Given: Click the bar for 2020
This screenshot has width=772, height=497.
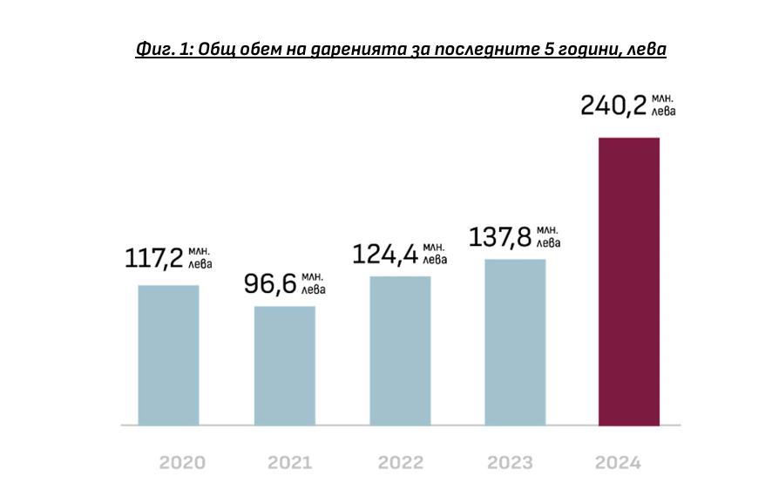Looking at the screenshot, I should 168,355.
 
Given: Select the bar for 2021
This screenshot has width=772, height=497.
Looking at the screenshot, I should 284,365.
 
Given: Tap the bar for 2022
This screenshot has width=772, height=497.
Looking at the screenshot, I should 400,351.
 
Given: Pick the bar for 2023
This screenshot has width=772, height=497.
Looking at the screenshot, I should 515,342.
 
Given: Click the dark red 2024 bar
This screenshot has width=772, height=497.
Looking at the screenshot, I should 628,281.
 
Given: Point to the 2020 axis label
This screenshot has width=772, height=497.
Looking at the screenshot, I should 183,462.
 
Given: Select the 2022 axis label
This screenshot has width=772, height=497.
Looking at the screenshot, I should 400,462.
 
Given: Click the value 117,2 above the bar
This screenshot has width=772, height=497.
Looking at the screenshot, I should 153,258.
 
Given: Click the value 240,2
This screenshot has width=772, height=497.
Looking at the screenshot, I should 613,106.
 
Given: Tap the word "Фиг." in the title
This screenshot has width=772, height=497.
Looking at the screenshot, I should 155,50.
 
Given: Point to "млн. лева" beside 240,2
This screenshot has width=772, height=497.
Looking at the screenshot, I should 663,105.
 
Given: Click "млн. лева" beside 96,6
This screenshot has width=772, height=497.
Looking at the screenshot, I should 314,283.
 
